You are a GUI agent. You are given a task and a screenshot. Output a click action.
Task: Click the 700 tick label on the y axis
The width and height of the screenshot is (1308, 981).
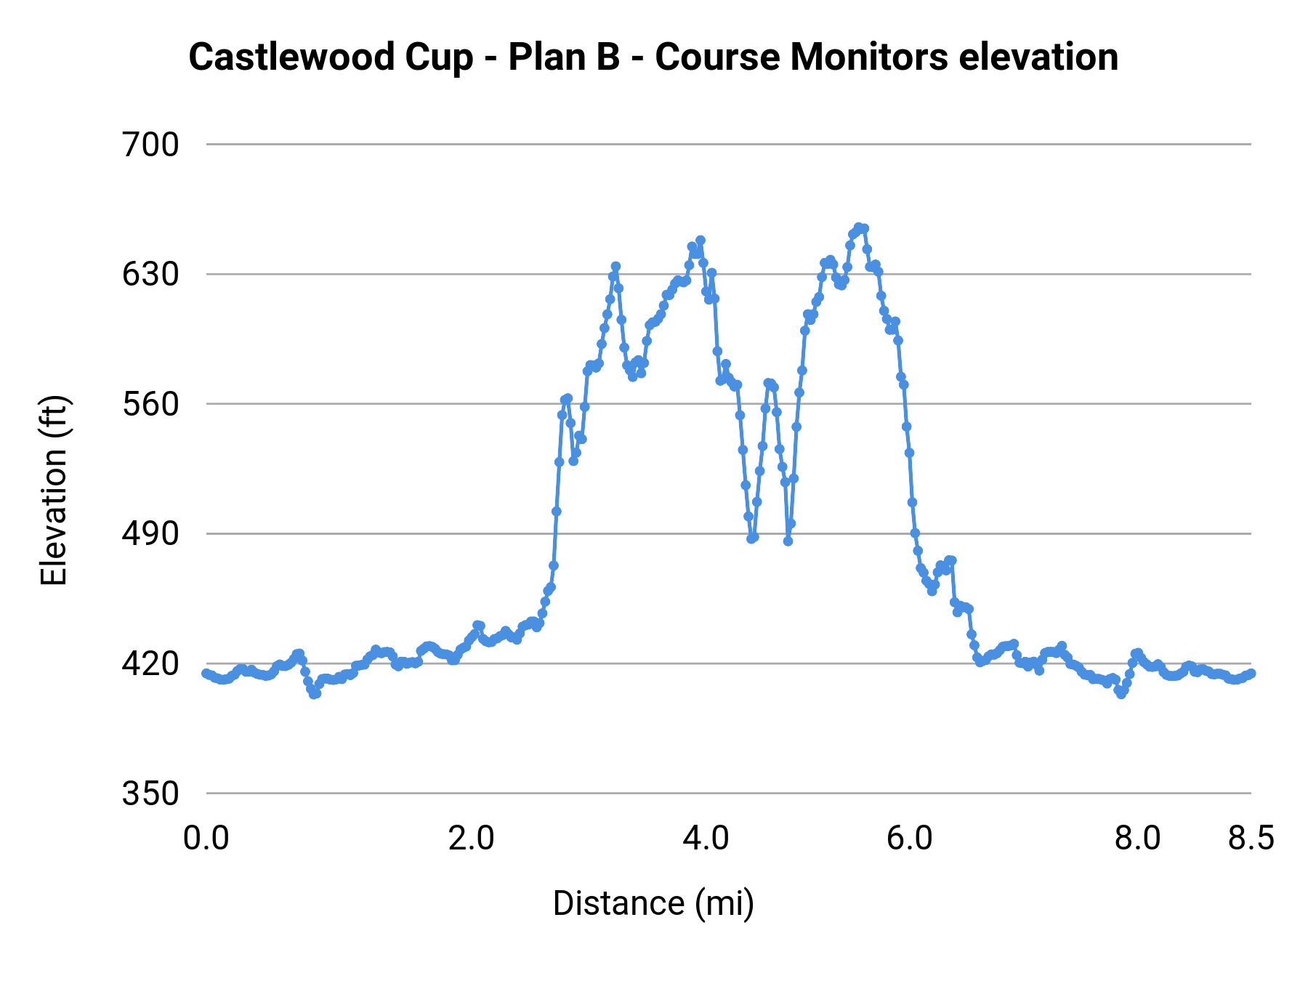tap(150, 145)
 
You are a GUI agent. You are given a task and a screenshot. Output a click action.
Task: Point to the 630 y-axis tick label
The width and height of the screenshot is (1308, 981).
tap(150, 275)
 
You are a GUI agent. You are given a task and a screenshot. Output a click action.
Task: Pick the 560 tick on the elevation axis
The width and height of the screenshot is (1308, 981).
tap(150, 404)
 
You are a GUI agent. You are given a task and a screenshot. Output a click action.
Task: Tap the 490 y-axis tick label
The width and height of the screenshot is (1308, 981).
tap(150, 534)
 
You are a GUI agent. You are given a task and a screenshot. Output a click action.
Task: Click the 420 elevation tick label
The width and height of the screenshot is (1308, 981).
tap(150, 663)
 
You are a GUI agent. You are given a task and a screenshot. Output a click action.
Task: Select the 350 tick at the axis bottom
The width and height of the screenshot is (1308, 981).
tap(150, 794)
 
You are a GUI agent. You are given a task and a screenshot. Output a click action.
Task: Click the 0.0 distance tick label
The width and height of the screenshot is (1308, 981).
tap(206, 839)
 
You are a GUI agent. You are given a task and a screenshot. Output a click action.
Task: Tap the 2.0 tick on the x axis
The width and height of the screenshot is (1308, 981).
tap(471, 839)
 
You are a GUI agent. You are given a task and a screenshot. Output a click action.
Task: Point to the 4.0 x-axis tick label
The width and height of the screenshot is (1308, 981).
tap(706, 839)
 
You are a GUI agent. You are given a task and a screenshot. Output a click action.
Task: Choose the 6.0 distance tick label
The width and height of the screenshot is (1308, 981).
tap(909, 839)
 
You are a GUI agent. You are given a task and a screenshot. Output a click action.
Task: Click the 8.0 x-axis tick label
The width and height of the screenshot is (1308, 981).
tap(1137, 839)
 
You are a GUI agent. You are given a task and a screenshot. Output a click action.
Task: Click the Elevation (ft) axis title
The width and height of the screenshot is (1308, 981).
tap(54, 490)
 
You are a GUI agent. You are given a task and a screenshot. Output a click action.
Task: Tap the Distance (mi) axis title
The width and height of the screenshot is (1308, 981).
tap(653, 903)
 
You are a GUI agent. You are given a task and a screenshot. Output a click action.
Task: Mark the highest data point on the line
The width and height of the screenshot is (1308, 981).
tap(858, 227)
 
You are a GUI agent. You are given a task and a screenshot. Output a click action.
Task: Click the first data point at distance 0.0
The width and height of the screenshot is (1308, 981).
tap(206, 674)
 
